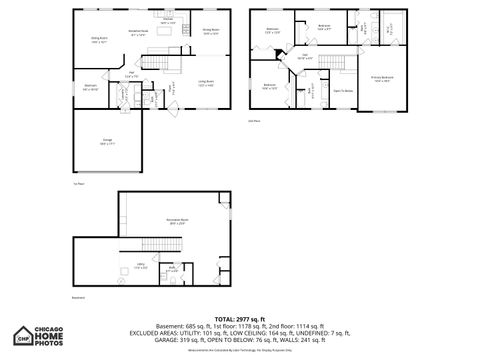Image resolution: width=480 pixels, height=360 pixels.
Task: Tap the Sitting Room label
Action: point(98,40)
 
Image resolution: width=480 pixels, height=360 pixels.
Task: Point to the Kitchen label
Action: point(168,21)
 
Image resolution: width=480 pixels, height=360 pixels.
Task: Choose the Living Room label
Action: point(205,83)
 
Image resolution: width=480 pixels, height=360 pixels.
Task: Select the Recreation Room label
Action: point(179,222)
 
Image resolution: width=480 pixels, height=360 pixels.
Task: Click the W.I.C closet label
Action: point(390,29)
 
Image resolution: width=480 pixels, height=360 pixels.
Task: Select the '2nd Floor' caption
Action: point(254,121)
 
